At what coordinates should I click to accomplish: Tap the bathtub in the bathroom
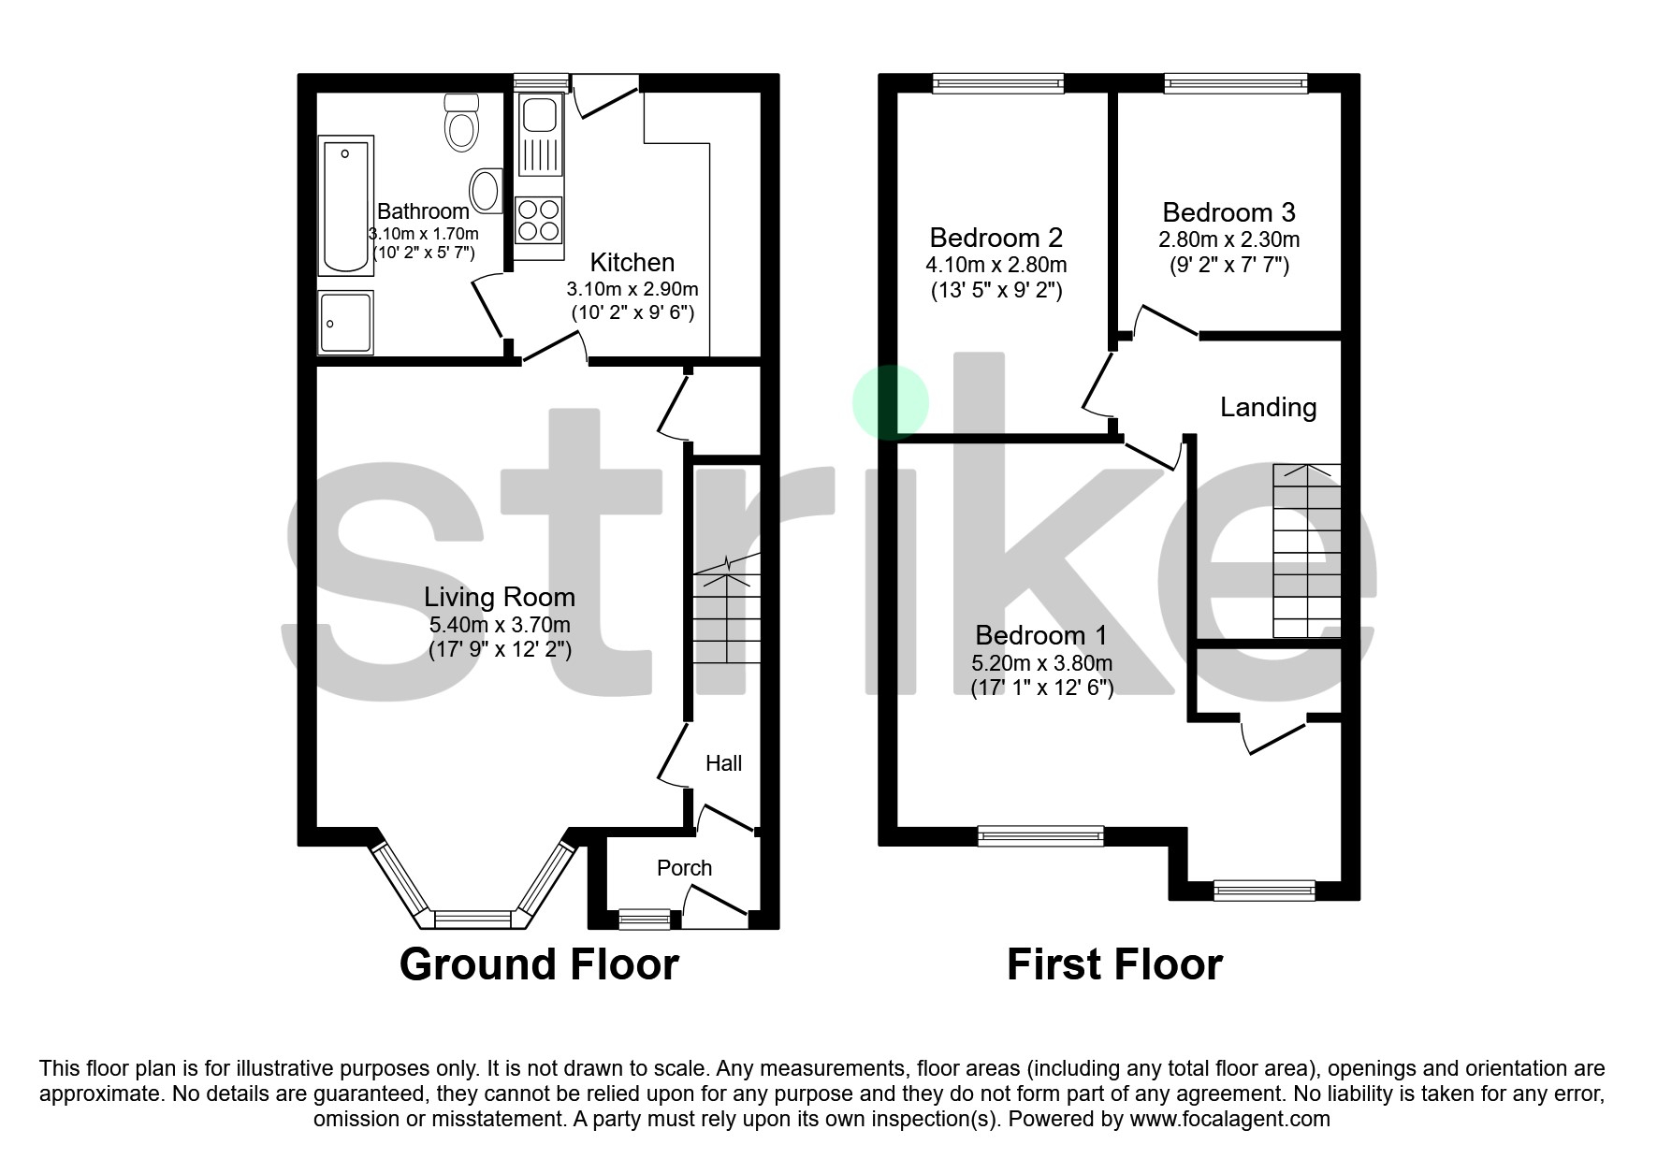pyautogui.click(x=345, y=205)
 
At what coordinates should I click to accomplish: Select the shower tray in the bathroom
pyautogui.click(x=345, y=322)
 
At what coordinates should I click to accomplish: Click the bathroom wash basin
pyautogui.click(x=486, y=190)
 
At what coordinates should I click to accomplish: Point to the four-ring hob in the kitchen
pyautogui.click(x=539, y=221)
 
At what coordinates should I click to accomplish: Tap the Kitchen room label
pyautogui.click(x=632, y=263)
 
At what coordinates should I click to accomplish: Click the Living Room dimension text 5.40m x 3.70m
pyautogui.click(x=499, y=625)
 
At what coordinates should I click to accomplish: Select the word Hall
pyautogui.click(x=723, y=763)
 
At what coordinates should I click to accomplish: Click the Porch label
pyautogui.click(x=684, y=868)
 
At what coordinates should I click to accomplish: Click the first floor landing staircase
pyautogui.click(x=1306, y=552)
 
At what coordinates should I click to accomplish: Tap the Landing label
pyautogui.click(x=1268, y=407)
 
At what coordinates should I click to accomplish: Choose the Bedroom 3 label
pyautogui.click(x=1228, y=212)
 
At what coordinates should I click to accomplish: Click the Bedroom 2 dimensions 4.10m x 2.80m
pyautogui.click(x=996, y=265)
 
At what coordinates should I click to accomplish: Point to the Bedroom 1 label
pyautogui.click(x=1040, y=635)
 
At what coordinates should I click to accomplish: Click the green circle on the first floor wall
pyautogui.click(x=890, y=402)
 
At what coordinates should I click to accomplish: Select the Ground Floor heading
pyautogui.click(x=539, y=964)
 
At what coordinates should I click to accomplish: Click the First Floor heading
pyautogui.click(x=1113, y=964)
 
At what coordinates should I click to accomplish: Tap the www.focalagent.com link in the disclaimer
pyautogui.click(x=1229, y=1119)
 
